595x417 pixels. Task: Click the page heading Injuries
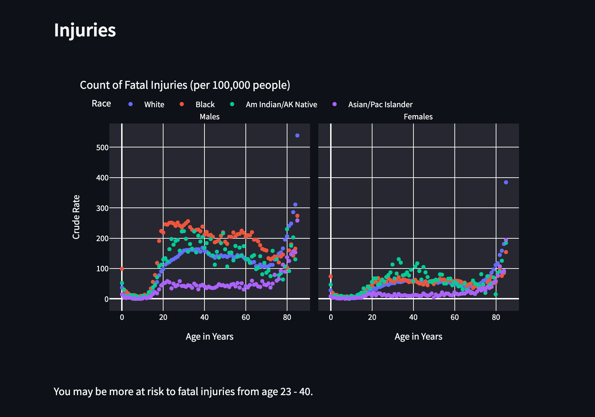click(85, 30)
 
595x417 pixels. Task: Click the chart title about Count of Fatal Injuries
click(185, 85)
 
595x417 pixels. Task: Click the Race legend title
click(101, 104)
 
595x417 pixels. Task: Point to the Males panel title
click(209, 117)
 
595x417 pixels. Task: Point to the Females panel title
click(418, 117)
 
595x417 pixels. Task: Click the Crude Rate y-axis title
click(76, 217)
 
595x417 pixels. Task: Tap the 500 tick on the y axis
click(102, 147)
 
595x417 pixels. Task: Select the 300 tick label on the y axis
click(102, 208)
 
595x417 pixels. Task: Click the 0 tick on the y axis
click(106, 299)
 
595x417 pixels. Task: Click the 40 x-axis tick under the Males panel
click(204, 317)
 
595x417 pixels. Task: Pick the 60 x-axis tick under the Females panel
click(454, 317)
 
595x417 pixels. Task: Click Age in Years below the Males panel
click(209, 337)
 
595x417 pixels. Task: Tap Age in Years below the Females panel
click(418, 337)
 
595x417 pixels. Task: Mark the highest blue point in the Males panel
click(297, 136)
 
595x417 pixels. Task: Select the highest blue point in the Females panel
click(506, 182)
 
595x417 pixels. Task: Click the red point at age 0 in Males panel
click(122, 269)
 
